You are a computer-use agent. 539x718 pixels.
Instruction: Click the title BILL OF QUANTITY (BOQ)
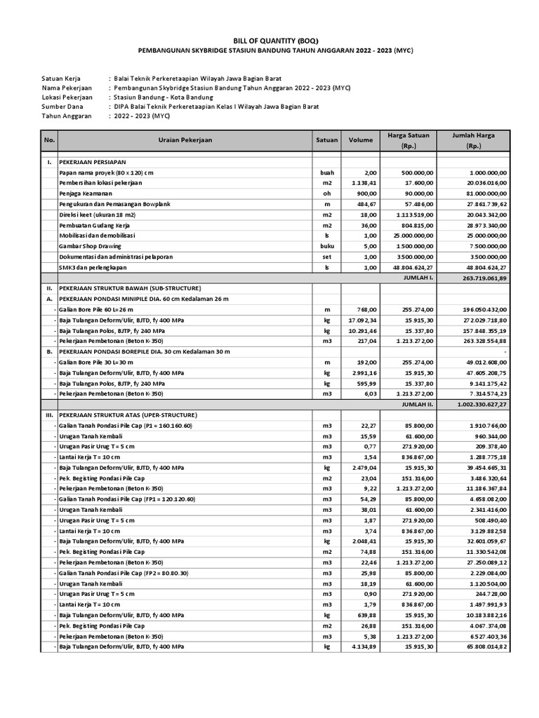269,41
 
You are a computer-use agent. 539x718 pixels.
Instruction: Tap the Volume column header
361,140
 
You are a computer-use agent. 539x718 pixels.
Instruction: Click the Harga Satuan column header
408,140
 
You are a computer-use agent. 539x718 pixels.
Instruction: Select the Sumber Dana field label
63,107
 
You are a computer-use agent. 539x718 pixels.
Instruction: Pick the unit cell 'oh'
326,193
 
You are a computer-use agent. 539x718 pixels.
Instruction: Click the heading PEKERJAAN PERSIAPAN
96,161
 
